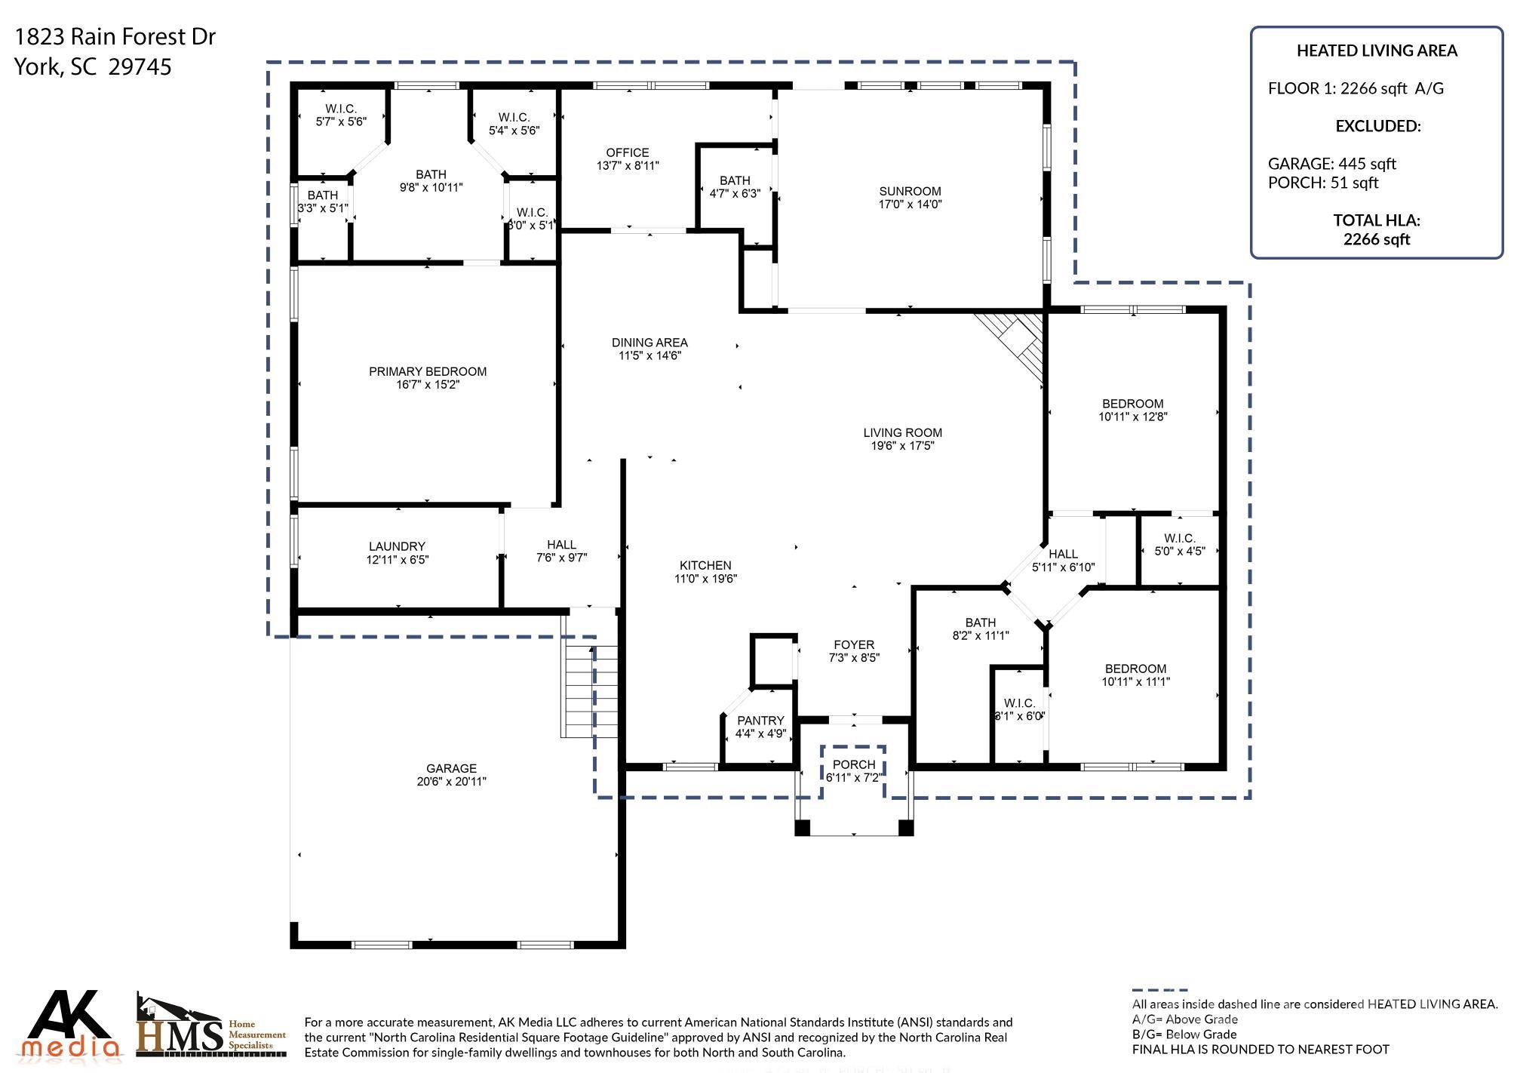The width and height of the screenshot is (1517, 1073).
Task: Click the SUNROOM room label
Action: pyautogui.click(x=910, y=192)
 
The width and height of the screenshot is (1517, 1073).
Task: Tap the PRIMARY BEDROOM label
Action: pyautogui.click(x=427, y=371)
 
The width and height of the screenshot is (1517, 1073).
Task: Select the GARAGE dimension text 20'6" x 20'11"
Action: pyautogui.click(x=451, y=782)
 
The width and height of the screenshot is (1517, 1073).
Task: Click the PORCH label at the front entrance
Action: pyautogui.click(x=854, y=764)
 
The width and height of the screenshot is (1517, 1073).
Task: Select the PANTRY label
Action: pyautogui.click(x=760, y=721)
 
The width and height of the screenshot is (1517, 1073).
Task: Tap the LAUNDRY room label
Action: pyautogui.click(x=397, y=546)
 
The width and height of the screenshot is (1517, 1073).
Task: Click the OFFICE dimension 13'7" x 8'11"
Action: pyautogui.click(x=627, y=166)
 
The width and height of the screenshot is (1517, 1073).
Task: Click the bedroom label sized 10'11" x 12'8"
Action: pyautogui.click(x=1132, y=404)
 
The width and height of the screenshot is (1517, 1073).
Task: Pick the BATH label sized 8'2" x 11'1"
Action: pyautogui.click(x=980, y=623)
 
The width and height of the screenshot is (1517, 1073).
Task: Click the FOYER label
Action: pyautogui.click(x=854, y=644)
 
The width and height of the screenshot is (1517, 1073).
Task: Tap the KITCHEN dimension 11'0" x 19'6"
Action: pyautogui.click(x=705, y=579)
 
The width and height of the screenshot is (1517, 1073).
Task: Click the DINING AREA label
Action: pyautogui.click(x=649, y=343)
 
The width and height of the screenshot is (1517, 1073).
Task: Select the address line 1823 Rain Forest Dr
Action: pyautogui.click(x=115, y=36)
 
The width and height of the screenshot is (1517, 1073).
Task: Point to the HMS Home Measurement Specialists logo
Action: pyautogui.click(x=210, y=1026)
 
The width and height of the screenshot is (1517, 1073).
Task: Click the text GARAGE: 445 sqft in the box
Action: pyautogui.click(x=1331, y=164)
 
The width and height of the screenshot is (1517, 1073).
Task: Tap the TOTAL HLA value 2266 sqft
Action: pyautogui.click(x=1376, y=239)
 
